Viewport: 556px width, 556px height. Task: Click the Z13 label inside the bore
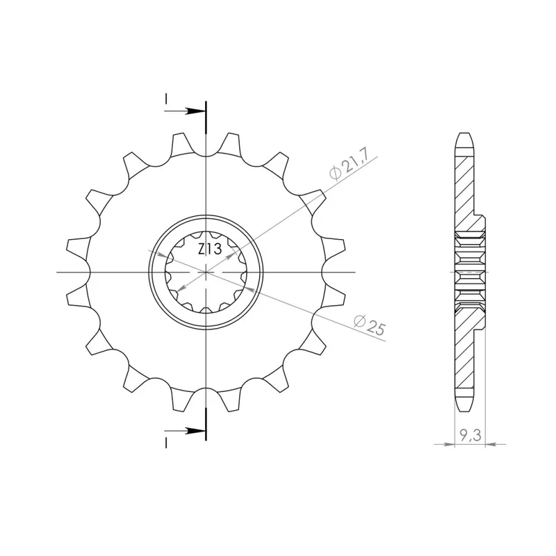tap(210, 250)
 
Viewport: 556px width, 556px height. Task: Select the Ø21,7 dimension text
tap(350, 164)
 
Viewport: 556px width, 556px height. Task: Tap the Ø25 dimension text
tap(369, 325)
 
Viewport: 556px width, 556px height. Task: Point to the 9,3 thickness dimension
tap(471, 435)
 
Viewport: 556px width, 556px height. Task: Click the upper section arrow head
tap(196, 111)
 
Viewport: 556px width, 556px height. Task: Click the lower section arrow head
tap(196, 431)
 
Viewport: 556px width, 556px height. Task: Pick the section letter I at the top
tap(165, 99)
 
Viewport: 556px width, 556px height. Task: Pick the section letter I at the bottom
tap(165, 443)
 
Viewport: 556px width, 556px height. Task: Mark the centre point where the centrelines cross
tap(206, 272)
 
